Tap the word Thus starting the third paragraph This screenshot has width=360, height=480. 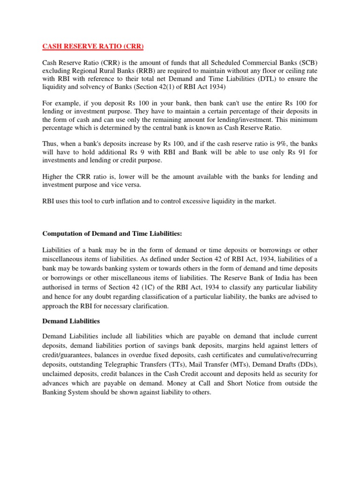click(x=51, y=143)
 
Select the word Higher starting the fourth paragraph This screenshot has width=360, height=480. click(x=53, y=177)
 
